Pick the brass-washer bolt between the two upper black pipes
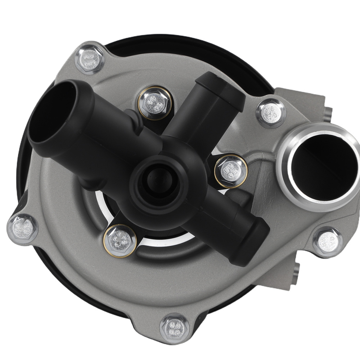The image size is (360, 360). pos(154,103)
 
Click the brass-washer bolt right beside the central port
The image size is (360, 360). pos(231,171)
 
